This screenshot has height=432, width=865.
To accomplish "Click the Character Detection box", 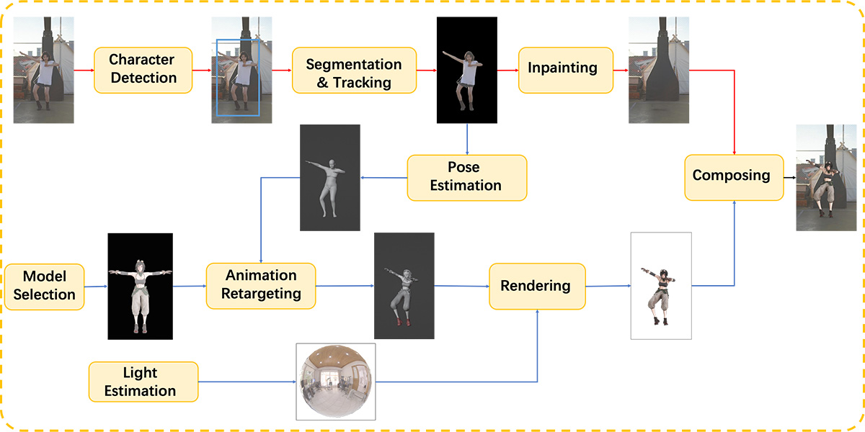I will point(143,70).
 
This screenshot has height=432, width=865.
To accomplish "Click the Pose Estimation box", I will point(466,177).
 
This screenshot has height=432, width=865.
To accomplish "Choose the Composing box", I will point(733,176).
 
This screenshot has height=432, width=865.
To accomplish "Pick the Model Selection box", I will point(44,286).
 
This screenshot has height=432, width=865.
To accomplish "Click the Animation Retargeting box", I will point(260,286).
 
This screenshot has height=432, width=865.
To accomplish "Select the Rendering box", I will point(536,286).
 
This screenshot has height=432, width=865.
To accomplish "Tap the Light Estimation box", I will point(143,382).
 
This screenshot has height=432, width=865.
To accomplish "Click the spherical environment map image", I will point(336,382).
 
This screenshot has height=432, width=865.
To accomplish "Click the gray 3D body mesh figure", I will point(329,177).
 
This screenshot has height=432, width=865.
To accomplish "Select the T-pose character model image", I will point(140,286).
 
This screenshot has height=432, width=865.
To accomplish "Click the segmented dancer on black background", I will point(466,70).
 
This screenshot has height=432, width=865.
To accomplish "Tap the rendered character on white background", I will point(660,286).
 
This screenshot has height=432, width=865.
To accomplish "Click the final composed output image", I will point(826,177).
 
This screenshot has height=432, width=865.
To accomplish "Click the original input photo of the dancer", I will point(43,70).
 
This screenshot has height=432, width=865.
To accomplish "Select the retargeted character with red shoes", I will point(404,286).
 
